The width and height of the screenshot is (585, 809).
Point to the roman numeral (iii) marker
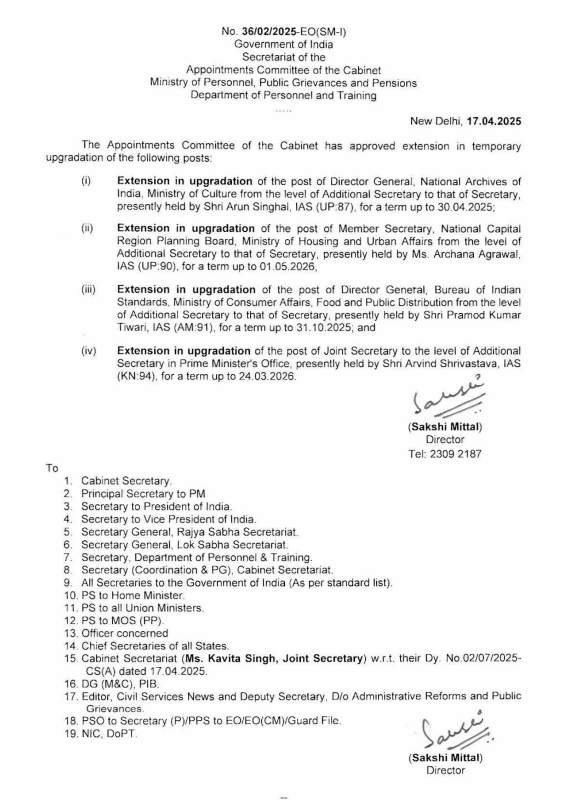click(88, 289)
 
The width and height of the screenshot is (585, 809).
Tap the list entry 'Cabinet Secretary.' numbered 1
click(127, 481)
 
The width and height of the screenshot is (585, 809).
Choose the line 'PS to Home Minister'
click(133, 595)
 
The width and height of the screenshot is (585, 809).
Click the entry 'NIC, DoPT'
click(108, 733)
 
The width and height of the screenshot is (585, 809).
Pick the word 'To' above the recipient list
click(52, 468)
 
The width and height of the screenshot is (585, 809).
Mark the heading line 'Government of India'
click(284, 44)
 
